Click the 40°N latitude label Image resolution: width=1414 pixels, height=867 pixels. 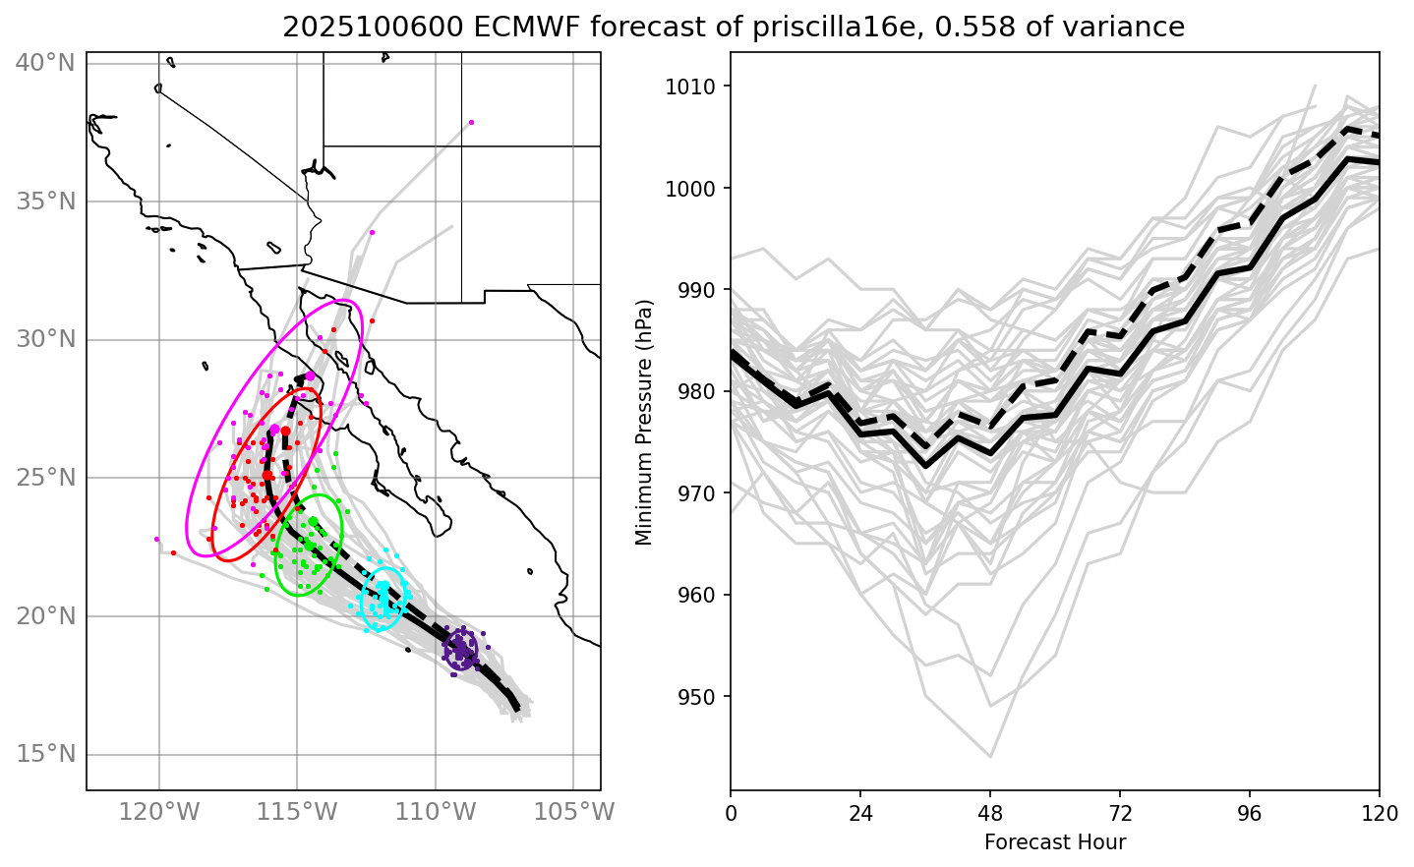[x=45, y=63]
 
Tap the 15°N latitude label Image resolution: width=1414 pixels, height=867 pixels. [x=45, y=755]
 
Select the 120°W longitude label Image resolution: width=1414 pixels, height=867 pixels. [x=158, y=813]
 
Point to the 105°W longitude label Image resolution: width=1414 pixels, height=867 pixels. [x=573, y=813]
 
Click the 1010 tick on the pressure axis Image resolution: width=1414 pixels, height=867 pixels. [x=696, y=87]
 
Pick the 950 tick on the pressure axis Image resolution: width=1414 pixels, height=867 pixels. [x=700, y=697]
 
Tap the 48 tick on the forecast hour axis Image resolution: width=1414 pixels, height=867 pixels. [x=990, y=813]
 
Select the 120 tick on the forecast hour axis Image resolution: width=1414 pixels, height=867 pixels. [x=1379, y=813]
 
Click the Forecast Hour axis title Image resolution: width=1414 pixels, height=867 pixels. [x=1054, y=842]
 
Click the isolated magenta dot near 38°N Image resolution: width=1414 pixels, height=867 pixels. [x=471, y=122]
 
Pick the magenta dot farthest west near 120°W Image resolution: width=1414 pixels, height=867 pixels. [x=156, y=539]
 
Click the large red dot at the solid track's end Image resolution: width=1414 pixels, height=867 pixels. [x=285, y=431]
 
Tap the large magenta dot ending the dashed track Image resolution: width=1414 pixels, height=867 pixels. [x=310, y=376]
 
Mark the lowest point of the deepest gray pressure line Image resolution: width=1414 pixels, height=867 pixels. [x=990, y=757]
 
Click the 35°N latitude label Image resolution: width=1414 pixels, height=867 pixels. [x=45, y=202]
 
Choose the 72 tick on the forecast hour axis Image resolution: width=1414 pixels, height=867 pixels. [x=1120, y=813]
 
